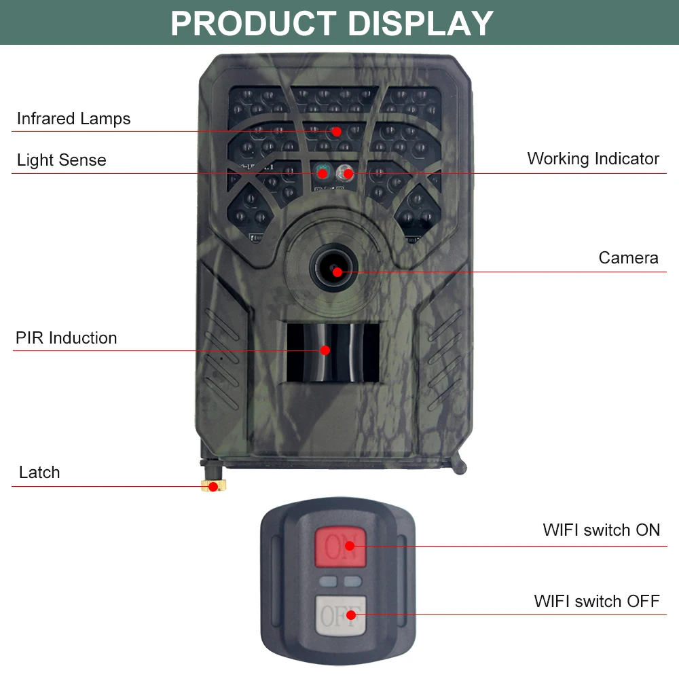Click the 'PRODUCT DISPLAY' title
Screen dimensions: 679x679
click(x=331, y=22)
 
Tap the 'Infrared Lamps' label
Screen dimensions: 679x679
click(x=73, y=119)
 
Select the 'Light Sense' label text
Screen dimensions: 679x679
click(x=62, y=160)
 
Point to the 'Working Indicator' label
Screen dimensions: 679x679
click(x=593, y=159)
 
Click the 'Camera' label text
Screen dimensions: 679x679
click(x=628, y=258)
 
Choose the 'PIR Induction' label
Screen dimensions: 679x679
click(x=66, y=338)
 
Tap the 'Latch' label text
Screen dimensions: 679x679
click(x=39, y=473)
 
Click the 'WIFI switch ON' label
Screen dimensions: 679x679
click(x=601, y=530)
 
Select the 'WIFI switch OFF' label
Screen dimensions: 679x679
click(x=596, y=601)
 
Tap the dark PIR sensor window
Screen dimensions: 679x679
click(x=333, y=351)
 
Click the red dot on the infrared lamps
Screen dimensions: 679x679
click(x=337, y=131)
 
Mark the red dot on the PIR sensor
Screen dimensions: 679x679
click(x=325, y=350)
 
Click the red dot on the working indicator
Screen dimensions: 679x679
click(x=348, y=173)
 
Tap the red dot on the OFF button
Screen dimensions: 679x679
click(x=351, y=616)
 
